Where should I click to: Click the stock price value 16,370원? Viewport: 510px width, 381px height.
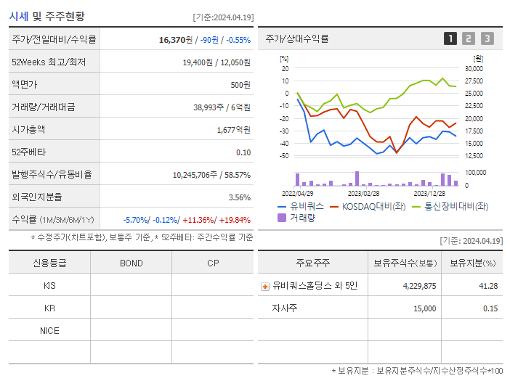tap(175, 40)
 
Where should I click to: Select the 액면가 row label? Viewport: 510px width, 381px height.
tap(24, 85)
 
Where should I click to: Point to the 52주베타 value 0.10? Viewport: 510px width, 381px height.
tap(243, 152)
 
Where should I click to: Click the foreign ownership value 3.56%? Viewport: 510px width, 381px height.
tap(239, 197)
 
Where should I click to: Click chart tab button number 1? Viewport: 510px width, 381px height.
tap(450, 38)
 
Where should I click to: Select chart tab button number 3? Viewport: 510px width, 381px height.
tap(487, 38)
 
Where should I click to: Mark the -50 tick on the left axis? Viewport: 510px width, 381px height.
tap(284, 155)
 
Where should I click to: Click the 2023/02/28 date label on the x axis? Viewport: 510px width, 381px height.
tap(363, 193)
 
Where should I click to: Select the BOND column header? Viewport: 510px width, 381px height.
tap(131, 263)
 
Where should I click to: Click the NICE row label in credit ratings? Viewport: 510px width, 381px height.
tap(49, 330)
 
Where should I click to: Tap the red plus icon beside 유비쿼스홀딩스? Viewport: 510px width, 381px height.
tap(264, 286)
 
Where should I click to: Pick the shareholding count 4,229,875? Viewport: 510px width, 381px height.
tap(419, 286)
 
